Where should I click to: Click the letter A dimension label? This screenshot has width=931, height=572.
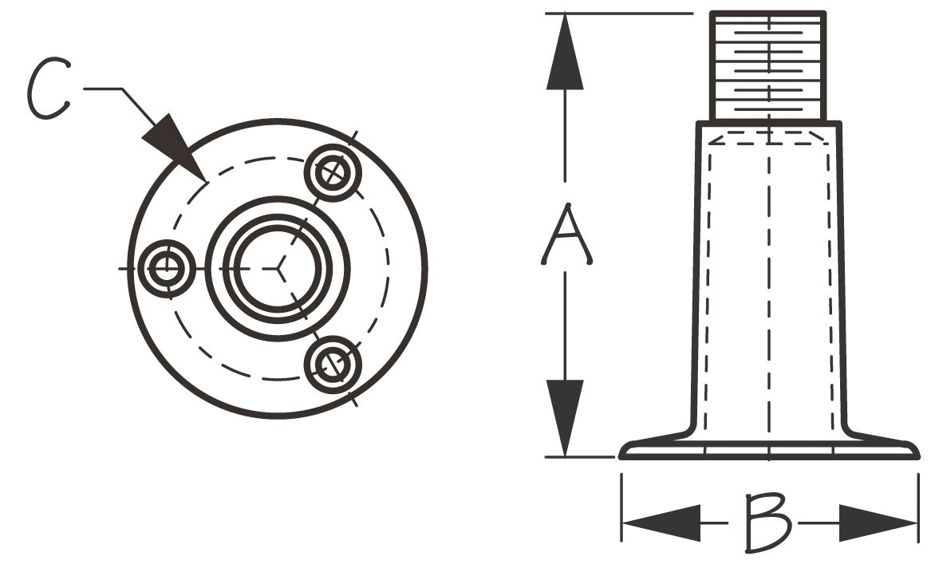(566, 235)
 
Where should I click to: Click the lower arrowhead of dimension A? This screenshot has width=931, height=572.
(565, 418)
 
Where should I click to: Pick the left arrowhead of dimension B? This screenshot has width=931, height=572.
(661, 523)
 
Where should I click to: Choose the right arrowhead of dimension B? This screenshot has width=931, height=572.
(878, 523)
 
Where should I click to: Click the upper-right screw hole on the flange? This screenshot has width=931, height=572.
(333, 173)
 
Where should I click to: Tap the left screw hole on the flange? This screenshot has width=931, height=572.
(166, 269)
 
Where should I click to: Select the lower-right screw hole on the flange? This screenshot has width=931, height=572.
(333, 364)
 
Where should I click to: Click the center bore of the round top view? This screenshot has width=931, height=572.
(278, 269)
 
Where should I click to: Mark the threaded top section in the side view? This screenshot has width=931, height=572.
(769, 66)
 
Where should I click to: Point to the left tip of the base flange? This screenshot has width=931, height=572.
(620, 457)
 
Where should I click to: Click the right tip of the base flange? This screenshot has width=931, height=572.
(918, 457)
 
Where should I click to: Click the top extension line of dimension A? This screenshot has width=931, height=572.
(619, 13)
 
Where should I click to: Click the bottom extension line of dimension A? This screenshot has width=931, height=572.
(580, 457)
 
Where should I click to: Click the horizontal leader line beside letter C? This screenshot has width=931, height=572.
(103, 89)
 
